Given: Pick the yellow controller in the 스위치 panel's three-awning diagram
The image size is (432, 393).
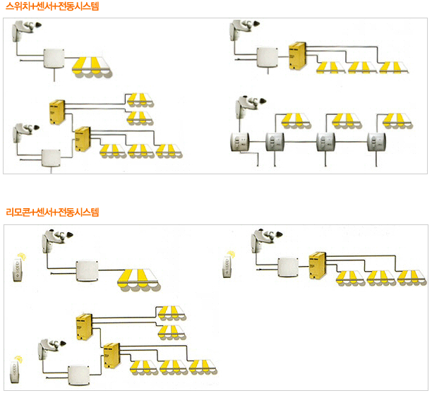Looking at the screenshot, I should click(297, 54).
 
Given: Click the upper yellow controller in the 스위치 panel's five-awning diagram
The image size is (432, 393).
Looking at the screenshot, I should click(57, 111).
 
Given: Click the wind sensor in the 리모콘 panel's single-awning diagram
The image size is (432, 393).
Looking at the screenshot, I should click(56, 241).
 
